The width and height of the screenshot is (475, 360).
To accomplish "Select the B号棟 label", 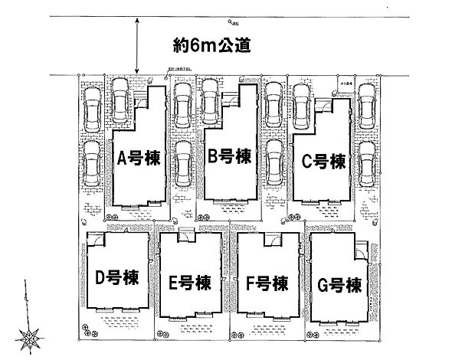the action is tap(230, 157).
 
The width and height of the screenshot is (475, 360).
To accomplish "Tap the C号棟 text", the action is tap(320, 162).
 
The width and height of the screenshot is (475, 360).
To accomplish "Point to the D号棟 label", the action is tap(116, 277).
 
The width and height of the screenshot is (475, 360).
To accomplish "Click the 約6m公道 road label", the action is tap(212, 46).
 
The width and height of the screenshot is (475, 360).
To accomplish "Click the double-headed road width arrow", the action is tap(136, 46).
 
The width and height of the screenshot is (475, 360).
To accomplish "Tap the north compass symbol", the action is tap(31, 335).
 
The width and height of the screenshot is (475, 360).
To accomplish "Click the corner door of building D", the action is tap(92, 237).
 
